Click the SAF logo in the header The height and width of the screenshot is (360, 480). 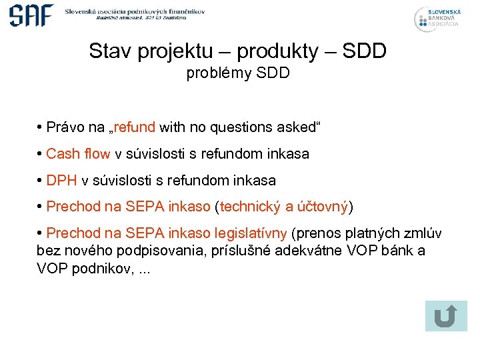(x=31, y=15)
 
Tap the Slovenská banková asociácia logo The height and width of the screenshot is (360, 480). (x=437, y=18)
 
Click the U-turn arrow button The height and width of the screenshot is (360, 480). (x=445, y=316)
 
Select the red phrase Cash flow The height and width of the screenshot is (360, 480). (x=78, y=154)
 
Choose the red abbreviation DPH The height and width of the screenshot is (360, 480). (x=61, y=181)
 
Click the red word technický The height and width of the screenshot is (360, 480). (x=251, y=207)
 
